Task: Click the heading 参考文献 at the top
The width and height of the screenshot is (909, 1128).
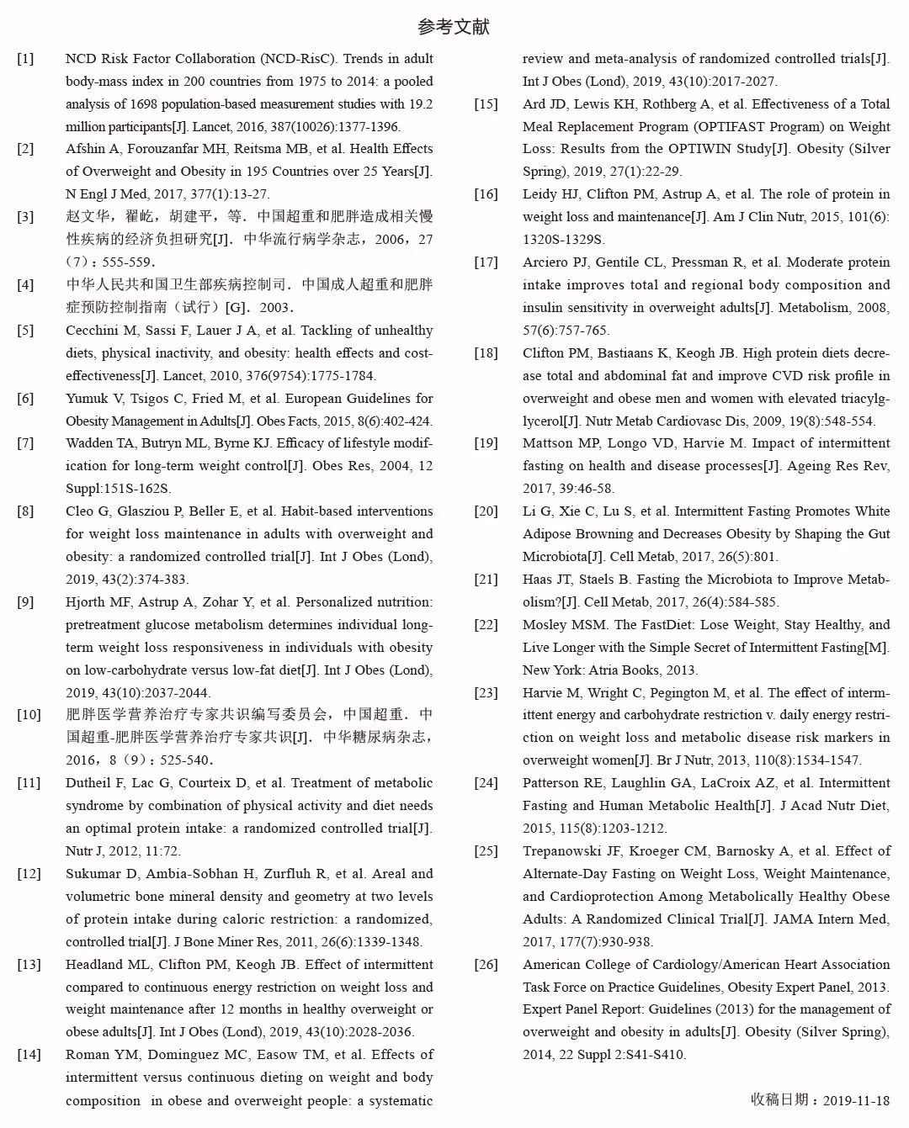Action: pos(453,27)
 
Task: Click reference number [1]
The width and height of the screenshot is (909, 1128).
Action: pos(26,59)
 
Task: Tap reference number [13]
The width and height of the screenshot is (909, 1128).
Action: pos(29,965)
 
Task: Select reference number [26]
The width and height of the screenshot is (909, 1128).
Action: pos(486,965)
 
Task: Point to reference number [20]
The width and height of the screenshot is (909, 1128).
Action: pos(486,511)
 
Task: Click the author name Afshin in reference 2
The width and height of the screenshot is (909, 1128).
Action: pos(85,149)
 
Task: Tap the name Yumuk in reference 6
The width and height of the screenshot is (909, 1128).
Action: pos(87,399)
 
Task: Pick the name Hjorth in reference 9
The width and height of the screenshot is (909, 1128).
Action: pos(86,602)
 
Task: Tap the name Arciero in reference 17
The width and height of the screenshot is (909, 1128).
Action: pos(548,262)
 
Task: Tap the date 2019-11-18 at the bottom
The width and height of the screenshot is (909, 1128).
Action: pos(856,1100)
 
